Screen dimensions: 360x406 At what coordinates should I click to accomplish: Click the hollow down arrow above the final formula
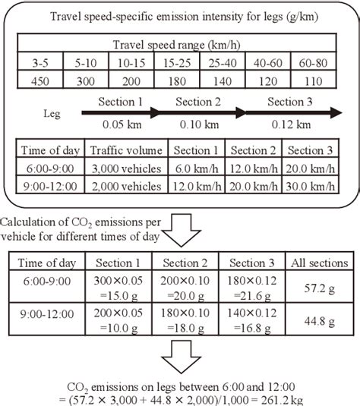179,359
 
